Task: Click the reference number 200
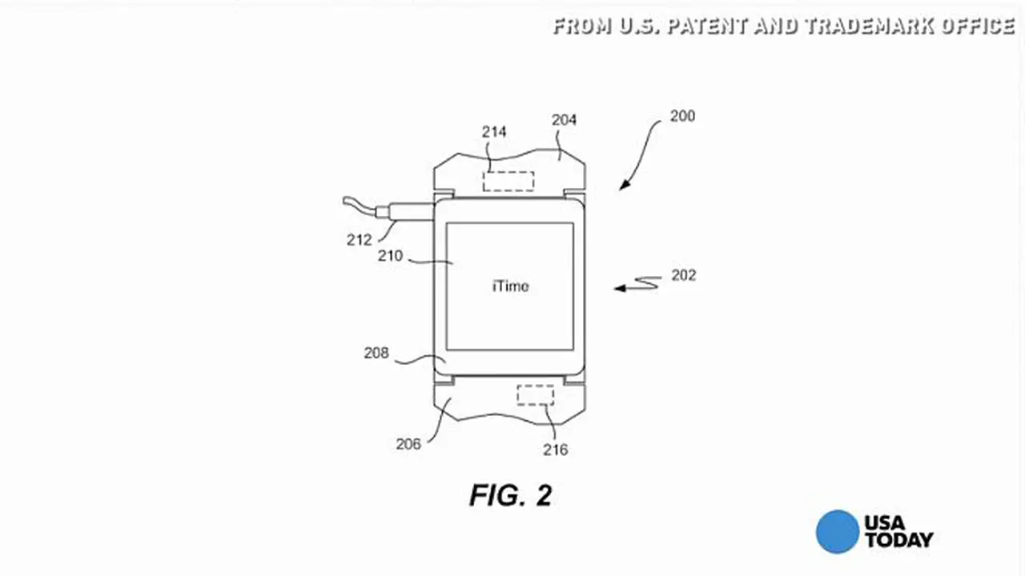682,116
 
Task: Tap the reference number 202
684,275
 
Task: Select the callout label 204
564,120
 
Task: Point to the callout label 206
408,444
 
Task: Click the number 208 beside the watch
376,353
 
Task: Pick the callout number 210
390,255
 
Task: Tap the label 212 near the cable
360,239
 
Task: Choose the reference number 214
494,132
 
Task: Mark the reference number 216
556,450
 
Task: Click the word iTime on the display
511,286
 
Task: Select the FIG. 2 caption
511,495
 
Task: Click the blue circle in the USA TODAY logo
838,532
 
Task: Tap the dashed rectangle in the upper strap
508,182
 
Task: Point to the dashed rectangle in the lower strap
536,395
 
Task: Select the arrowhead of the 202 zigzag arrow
620,288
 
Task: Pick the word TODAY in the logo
898,540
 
